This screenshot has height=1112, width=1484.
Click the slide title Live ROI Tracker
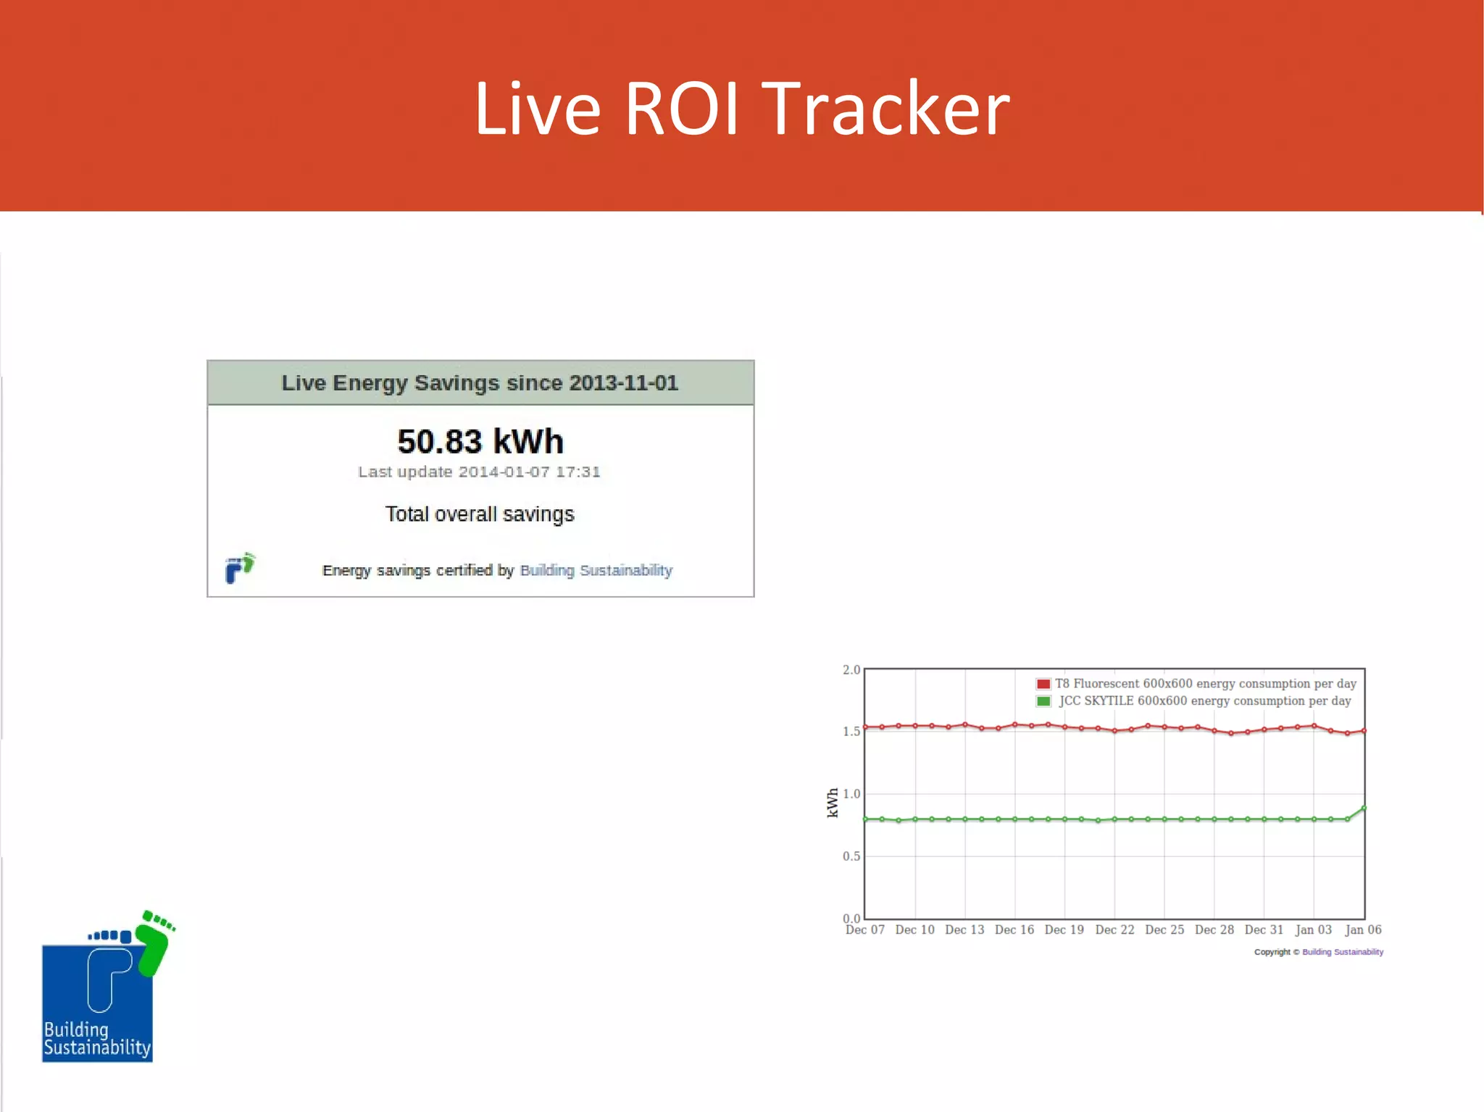click(x=741, y=109)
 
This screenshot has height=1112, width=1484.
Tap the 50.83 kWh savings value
click(x=480, y=441)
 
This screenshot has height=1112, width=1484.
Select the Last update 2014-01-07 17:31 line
click(x=479, y=472)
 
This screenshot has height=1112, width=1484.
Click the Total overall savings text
click(x=479, y=514)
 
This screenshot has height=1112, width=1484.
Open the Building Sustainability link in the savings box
click(x=596, y=570)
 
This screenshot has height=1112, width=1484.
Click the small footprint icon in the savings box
click(x=240, y=568)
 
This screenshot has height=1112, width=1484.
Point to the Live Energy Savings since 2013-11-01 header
click(x=480, y=382)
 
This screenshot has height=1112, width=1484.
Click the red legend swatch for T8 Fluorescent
click(x=1043, y=684)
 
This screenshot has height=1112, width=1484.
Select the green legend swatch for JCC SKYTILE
click(x=1043, y=701)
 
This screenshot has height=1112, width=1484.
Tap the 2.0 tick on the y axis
click(x=851, y=669)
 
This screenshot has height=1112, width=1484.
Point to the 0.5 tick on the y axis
click(x=851, y=856)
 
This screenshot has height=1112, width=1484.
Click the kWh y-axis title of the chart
click(x=833, y=803)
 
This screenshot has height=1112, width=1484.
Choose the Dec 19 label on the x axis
click(x=1064, y=929)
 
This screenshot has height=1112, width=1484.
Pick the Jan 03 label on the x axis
click(x=1313, y=929)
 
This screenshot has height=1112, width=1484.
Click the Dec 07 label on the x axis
click(x=864, y=929)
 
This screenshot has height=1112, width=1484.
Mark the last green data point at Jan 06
click(x=1364, y=808)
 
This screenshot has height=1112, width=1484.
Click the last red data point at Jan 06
click(x=1364, y=731)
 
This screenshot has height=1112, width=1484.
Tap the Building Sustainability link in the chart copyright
click(x=1342, y=952)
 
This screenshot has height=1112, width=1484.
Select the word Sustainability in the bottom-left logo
click(x=97, y=1048)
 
